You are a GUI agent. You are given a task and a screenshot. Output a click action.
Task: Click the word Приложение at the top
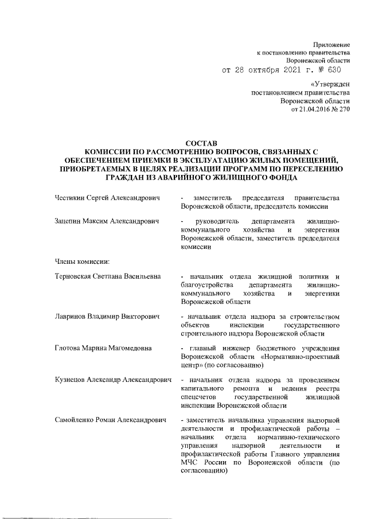coord(331,44)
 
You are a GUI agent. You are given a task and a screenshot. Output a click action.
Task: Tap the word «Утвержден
coord(330,84)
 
